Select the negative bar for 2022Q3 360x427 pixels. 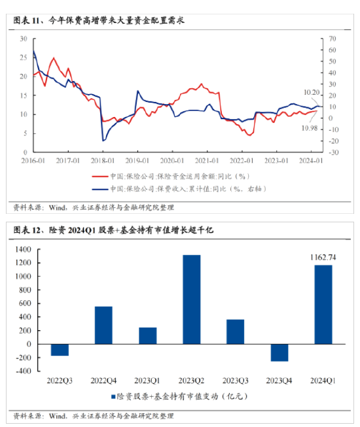[60, 350]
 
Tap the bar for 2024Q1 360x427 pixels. [323, 304]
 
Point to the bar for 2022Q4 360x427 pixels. [103, 325]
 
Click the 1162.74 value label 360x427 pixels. [323, 257]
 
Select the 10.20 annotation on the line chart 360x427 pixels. [312, 93]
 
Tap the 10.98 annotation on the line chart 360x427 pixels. [310, 127]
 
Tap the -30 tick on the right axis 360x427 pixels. [333, 152]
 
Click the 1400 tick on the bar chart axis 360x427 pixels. [22, 249]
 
